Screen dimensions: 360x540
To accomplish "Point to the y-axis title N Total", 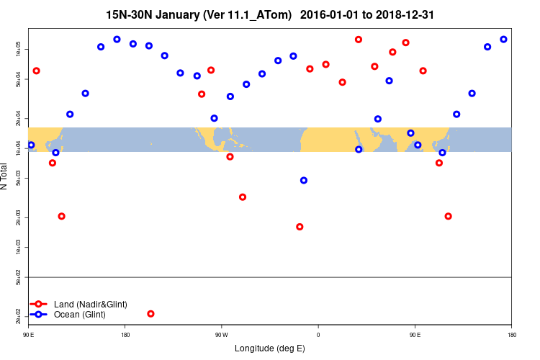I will (6, 176).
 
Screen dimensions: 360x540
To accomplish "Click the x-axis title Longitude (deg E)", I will (269, 348).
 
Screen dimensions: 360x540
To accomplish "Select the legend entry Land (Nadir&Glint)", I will (91, 305).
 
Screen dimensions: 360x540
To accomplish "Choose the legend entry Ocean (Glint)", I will (80, 315).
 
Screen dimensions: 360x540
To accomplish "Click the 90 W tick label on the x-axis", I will (221, 334).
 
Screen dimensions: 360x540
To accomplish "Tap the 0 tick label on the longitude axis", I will (318, 334).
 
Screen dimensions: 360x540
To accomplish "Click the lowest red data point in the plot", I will (150, 313).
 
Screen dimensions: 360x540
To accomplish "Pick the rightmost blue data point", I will (503, 39).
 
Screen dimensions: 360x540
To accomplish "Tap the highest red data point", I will (359, 39).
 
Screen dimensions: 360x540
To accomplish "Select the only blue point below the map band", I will (303, 180).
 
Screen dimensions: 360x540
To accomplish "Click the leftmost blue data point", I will (31, 145).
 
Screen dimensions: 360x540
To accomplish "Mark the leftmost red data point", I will (36, 71).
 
